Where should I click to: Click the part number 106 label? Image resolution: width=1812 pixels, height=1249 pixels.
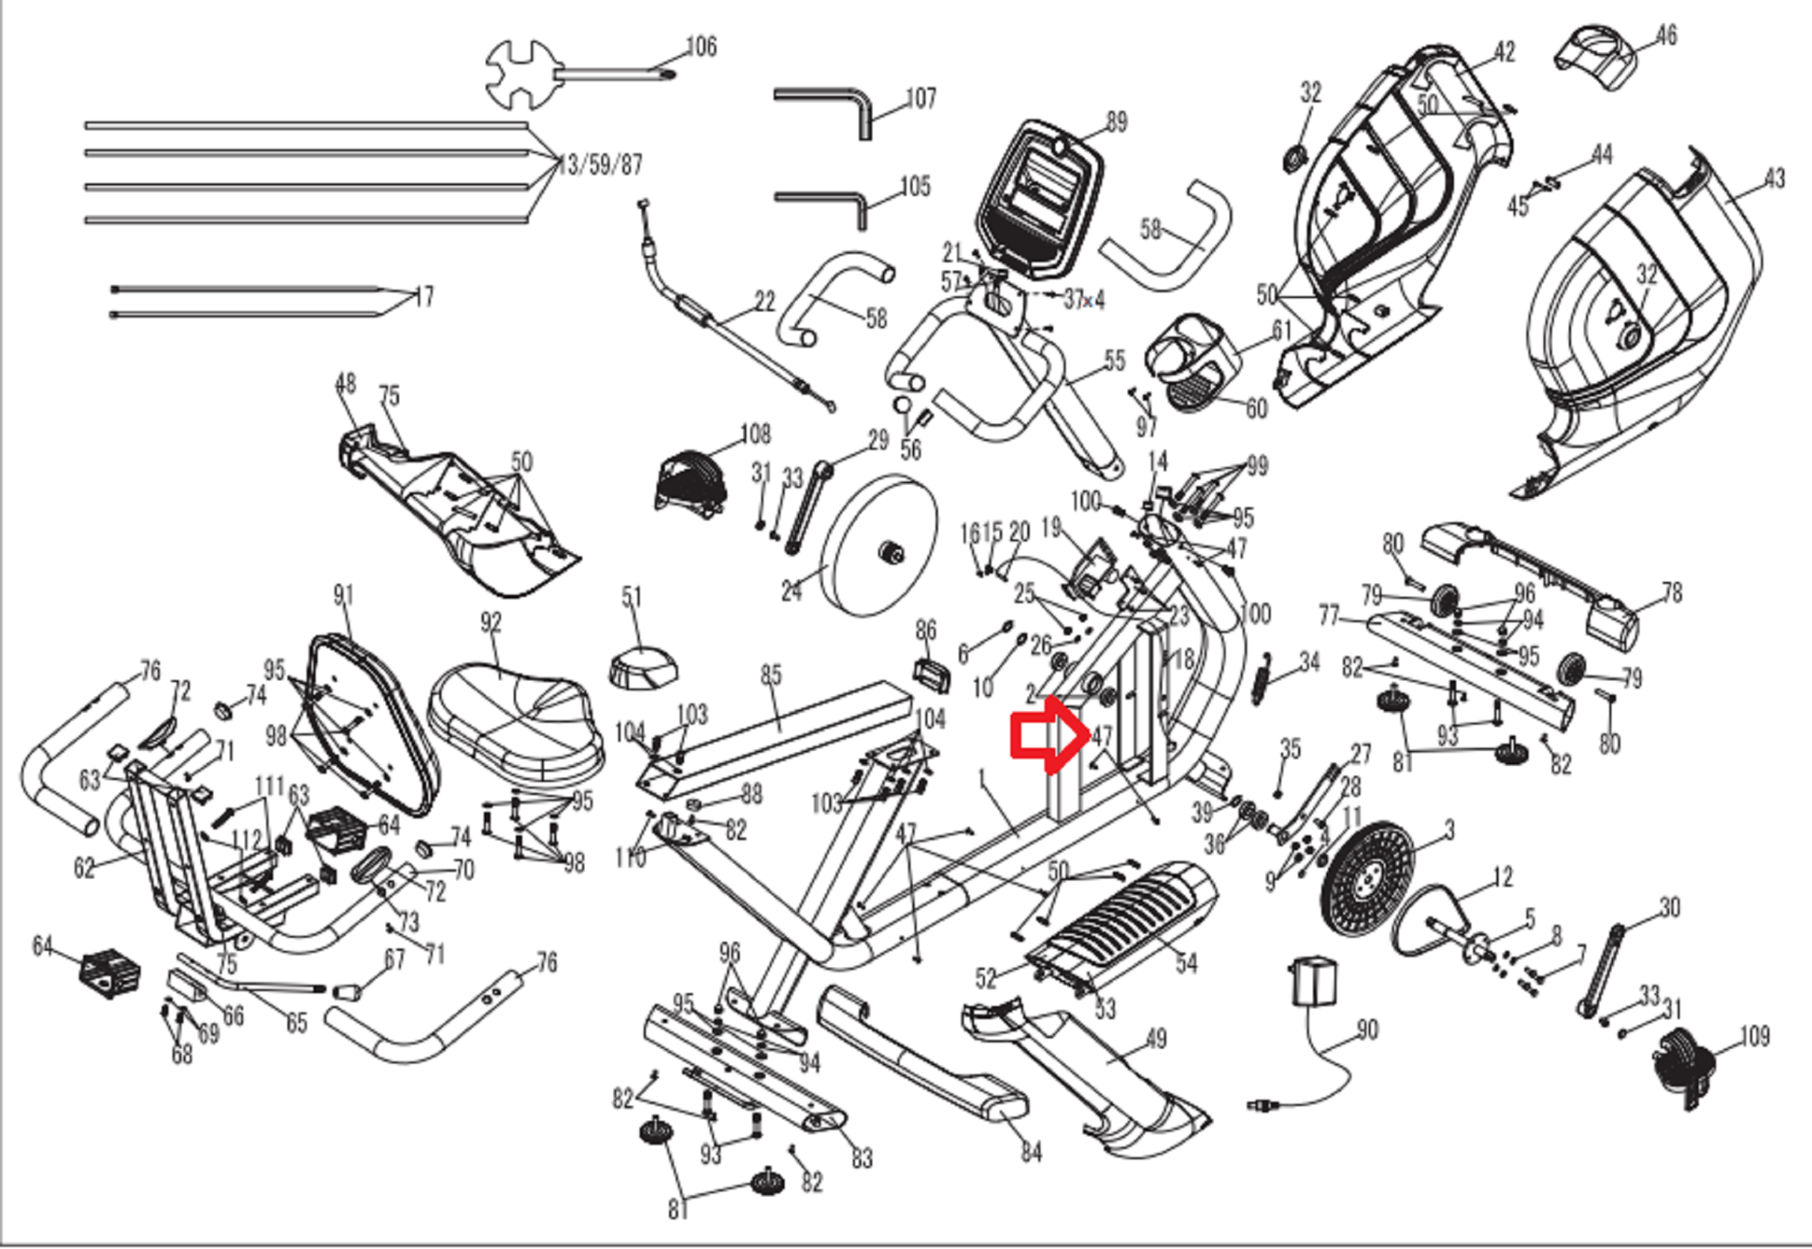[x=702, y=47]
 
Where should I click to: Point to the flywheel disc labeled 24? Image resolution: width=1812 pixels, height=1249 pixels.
[x=879, y=545]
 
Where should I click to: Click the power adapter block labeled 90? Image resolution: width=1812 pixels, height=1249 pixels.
[x=1316, y=981]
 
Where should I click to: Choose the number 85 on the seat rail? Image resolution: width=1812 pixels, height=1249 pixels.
[x=771, y=676]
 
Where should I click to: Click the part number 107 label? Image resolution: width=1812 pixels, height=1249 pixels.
[x=920, y=98]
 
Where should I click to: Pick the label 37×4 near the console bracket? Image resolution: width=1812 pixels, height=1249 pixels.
[x=1084, y=301]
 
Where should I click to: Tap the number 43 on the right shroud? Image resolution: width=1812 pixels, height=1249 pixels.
[x=1774, y=179]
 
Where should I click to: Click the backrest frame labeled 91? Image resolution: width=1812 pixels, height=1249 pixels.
[x=373, y=724]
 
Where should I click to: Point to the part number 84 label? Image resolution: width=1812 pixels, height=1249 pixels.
[x=1032, y=1153]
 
